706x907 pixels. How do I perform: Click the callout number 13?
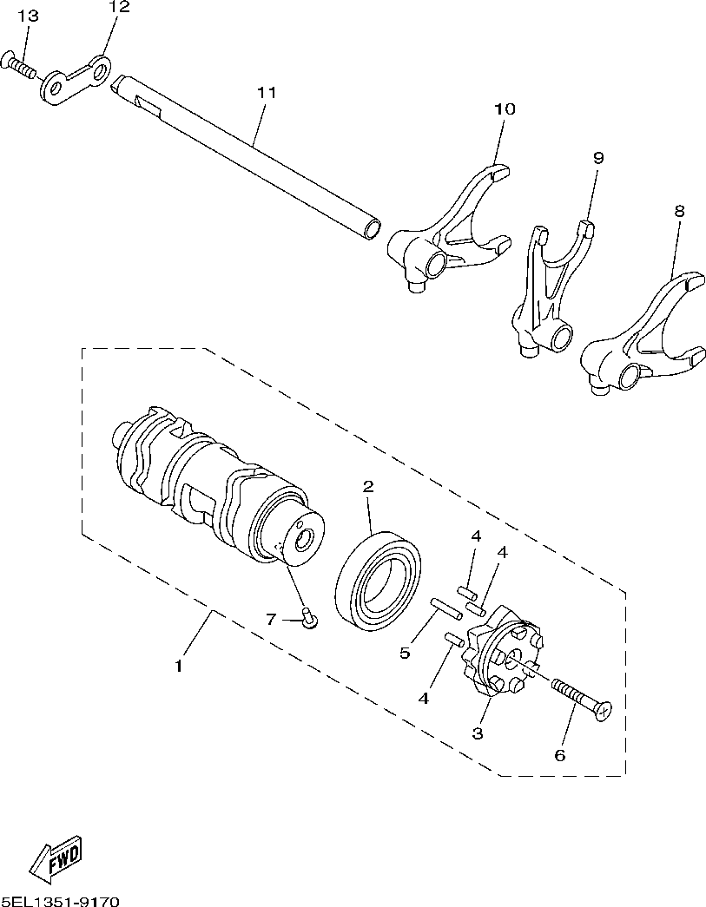pyautogui.click(x=28, y=16)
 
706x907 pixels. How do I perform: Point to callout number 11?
pyautogui.click(x=266, y=91)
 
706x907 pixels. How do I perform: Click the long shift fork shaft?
pyautogui.click(x=252, y=156)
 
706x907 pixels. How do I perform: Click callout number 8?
pyautogui.click(x=679, y=211)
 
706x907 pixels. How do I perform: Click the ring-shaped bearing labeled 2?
pyautogui.click(x=379, y=582)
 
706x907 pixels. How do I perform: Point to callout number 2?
pyautogui.click(x=368, y=487)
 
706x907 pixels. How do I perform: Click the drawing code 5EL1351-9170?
pyautogui.click(x=60, y=900)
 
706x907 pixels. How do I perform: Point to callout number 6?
pyautogui.click(x=559, y=755)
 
